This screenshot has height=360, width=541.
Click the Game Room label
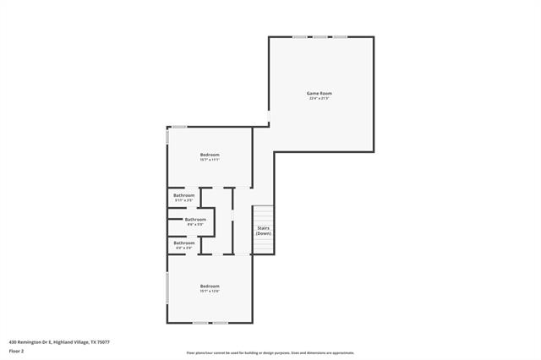click(x=319, y=93)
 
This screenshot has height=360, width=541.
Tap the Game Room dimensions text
click(x=319, y=99)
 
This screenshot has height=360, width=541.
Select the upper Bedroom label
click(x=210, y=155)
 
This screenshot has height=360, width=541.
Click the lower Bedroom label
click(x=210, y=286)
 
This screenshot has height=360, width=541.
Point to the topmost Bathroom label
click(x=184, y=195)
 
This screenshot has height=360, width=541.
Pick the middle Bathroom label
click(x=195, y=220)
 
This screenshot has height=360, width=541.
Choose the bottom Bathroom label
click(x=184, y=243)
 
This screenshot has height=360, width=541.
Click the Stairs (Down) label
click(x=263, y=230)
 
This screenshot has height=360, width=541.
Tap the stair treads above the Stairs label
click(x=264, y=214)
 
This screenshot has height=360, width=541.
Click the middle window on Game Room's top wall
click(x=320, y=37)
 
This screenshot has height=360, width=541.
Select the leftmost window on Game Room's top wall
click(x=299, y=37)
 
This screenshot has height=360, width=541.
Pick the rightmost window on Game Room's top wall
click(x=340, y=37)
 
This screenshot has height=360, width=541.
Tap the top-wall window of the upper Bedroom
click(x=179, y=127)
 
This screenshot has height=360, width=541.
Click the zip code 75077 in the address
click(x=102, y=342)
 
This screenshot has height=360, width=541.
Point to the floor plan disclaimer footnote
click(x=270, y=353)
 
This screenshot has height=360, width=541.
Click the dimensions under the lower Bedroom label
click(x=210, y=292)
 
